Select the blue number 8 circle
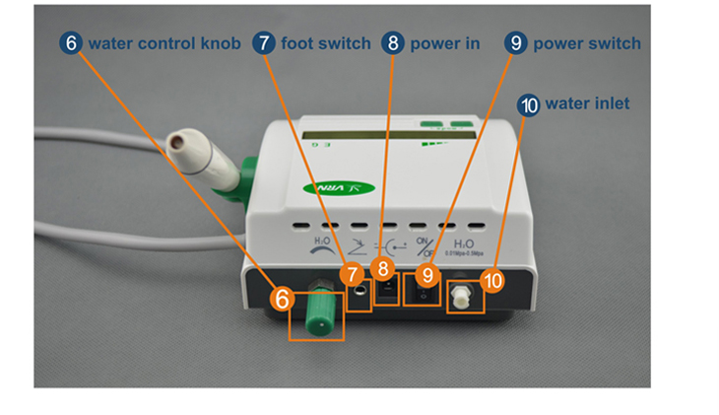point(393,43)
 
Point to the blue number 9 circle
point(516,43)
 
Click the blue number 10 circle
point(528,104)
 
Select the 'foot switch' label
point(326,43)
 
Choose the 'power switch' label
point(587,43)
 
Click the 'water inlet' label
point(587,104)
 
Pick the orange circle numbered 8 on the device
point(386,272)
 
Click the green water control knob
point(318,310)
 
